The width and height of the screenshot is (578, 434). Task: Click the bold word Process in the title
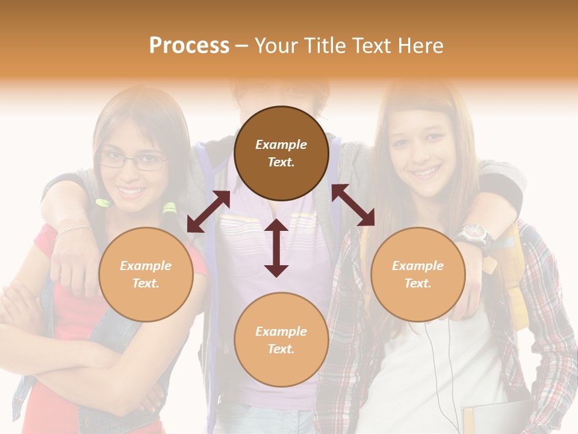[x=189, y=46]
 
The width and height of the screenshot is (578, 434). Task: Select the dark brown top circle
[x=281, y=153]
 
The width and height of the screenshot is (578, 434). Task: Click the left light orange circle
[x=146, y=274]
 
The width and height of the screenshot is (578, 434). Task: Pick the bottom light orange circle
[x=281, y=340]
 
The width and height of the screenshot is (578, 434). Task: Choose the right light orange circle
[x=418, y=274]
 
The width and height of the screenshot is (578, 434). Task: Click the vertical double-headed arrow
[x=276, y=248]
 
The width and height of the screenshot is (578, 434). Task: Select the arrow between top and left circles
[x=208, y=212]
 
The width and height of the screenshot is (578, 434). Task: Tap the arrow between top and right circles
[x=353, y=205]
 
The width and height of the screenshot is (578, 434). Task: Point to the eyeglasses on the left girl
[x=134, y=161]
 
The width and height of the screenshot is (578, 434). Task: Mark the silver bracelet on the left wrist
[x=73, y=231]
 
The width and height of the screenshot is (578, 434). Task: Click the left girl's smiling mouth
[x=131, y=191]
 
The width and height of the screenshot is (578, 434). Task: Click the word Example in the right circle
[x=418, y=266]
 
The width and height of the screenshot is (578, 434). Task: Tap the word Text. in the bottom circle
[x=281, y=349]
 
